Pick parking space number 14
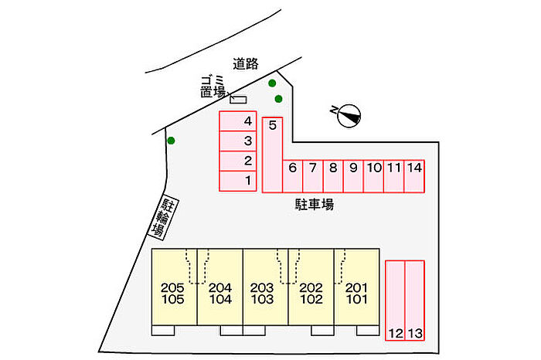coord(414,176)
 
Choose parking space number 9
coord(353,176)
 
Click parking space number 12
coord(395,300)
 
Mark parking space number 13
coord(415,300)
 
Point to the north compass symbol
coord(347,116)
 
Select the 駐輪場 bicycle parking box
coord(159,216)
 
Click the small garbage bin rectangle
coord(238,99)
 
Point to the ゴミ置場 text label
coord(212,86)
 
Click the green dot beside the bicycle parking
coord(171,141)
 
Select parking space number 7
coord(312,176)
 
